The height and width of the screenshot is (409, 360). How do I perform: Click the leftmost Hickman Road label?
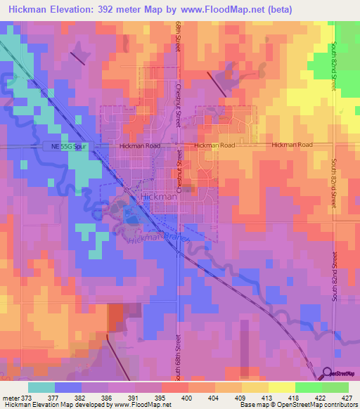point(140,145)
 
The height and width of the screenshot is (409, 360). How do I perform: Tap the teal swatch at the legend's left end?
point(41,387)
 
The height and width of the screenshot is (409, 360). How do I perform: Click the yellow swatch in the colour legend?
point(281,387)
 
